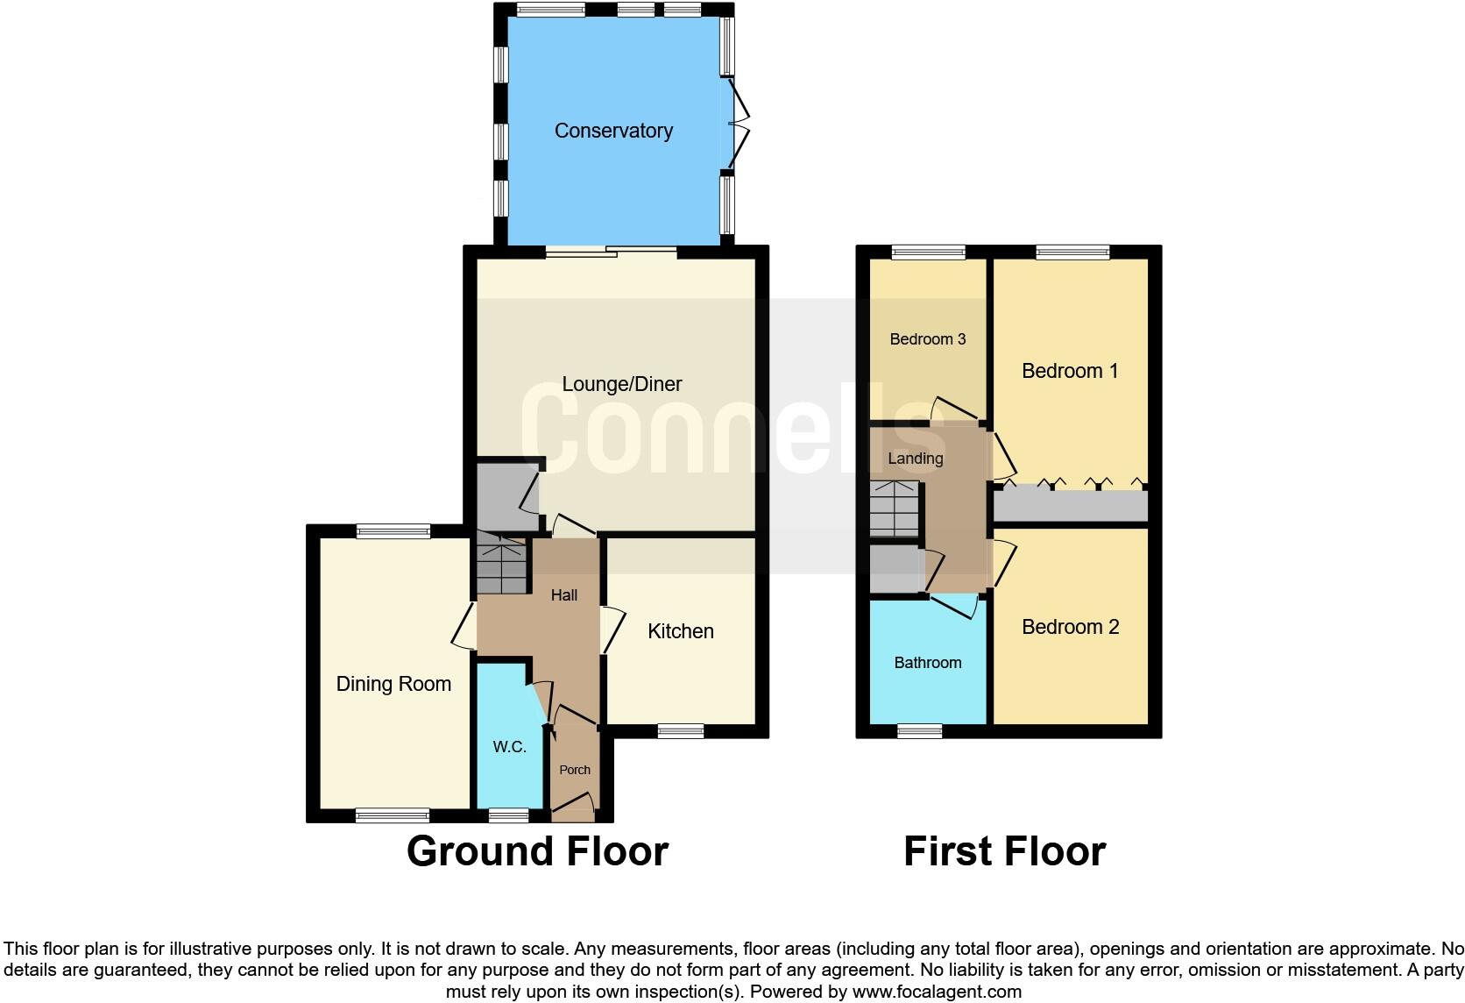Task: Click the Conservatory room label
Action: point(613,131)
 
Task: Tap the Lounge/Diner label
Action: point(621,384)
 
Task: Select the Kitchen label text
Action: point(680,631)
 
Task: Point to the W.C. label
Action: point(509,747)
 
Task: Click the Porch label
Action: point(575,770)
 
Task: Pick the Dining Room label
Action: point(393,684)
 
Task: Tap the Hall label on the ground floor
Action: point(563,595)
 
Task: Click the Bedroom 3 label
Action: point(927,339)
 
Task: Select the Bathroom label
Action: point(927,663)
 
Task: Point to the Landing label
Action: point(915,459)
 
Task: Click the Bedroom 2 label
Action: point(1070,627)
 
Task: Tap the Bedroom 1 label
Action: point(1070,371)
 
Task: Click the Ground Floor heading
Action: point(537,851)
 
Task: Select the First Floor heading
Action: point(1004,851)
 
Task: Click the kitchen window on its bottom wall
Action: point(681,731)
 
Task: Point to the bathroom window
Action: point(919,731)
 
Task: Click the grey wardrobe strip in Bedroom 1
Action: point(1070,506)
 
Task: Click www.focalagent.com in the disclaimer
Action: point(937,992)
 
